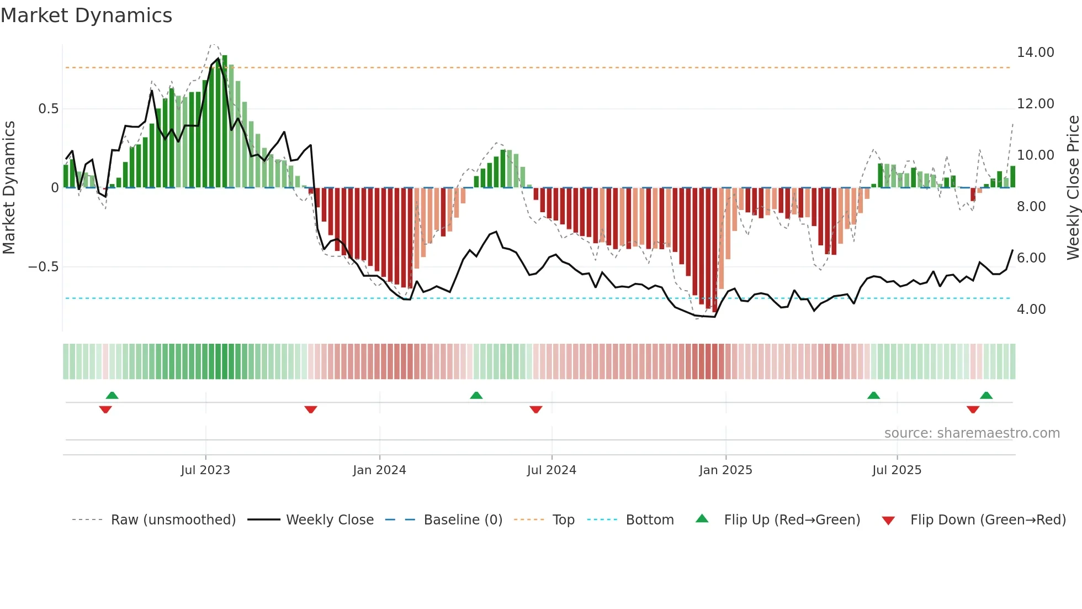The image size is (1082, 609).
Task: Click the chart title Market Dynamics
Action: point(86,15)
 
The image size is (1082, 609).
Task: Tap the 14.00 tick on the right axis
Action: point(1035,53)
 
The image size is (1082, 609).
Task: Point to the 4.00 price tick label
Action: point(1031,309)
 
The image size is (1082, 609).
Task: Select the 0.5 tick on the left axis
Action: point(48,109)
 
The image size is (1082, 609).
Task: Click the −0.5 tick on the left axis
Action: point(43,267)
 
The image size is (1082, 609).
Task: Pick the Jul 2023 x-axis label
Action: point(205,470)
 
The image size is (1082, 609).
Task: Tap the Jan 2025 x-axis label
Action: point(725,470)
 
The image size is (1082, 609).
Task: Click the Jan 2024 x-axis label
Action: point(379,470)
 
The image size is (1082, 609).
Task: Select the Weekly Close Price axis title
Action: point(1073,187)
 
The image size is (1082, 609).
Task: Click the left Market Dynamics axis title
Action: point(9,187)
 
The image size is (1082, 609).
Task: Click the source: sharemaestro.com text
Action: point(972,433)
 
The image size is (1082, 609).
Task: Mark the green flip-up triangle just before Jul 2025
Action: point(873,395)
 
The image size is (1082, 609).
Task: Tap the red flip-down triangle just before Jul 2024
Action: point(535,410)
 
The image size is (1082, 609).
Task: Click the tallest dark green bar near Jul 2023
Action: point(225,122)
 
